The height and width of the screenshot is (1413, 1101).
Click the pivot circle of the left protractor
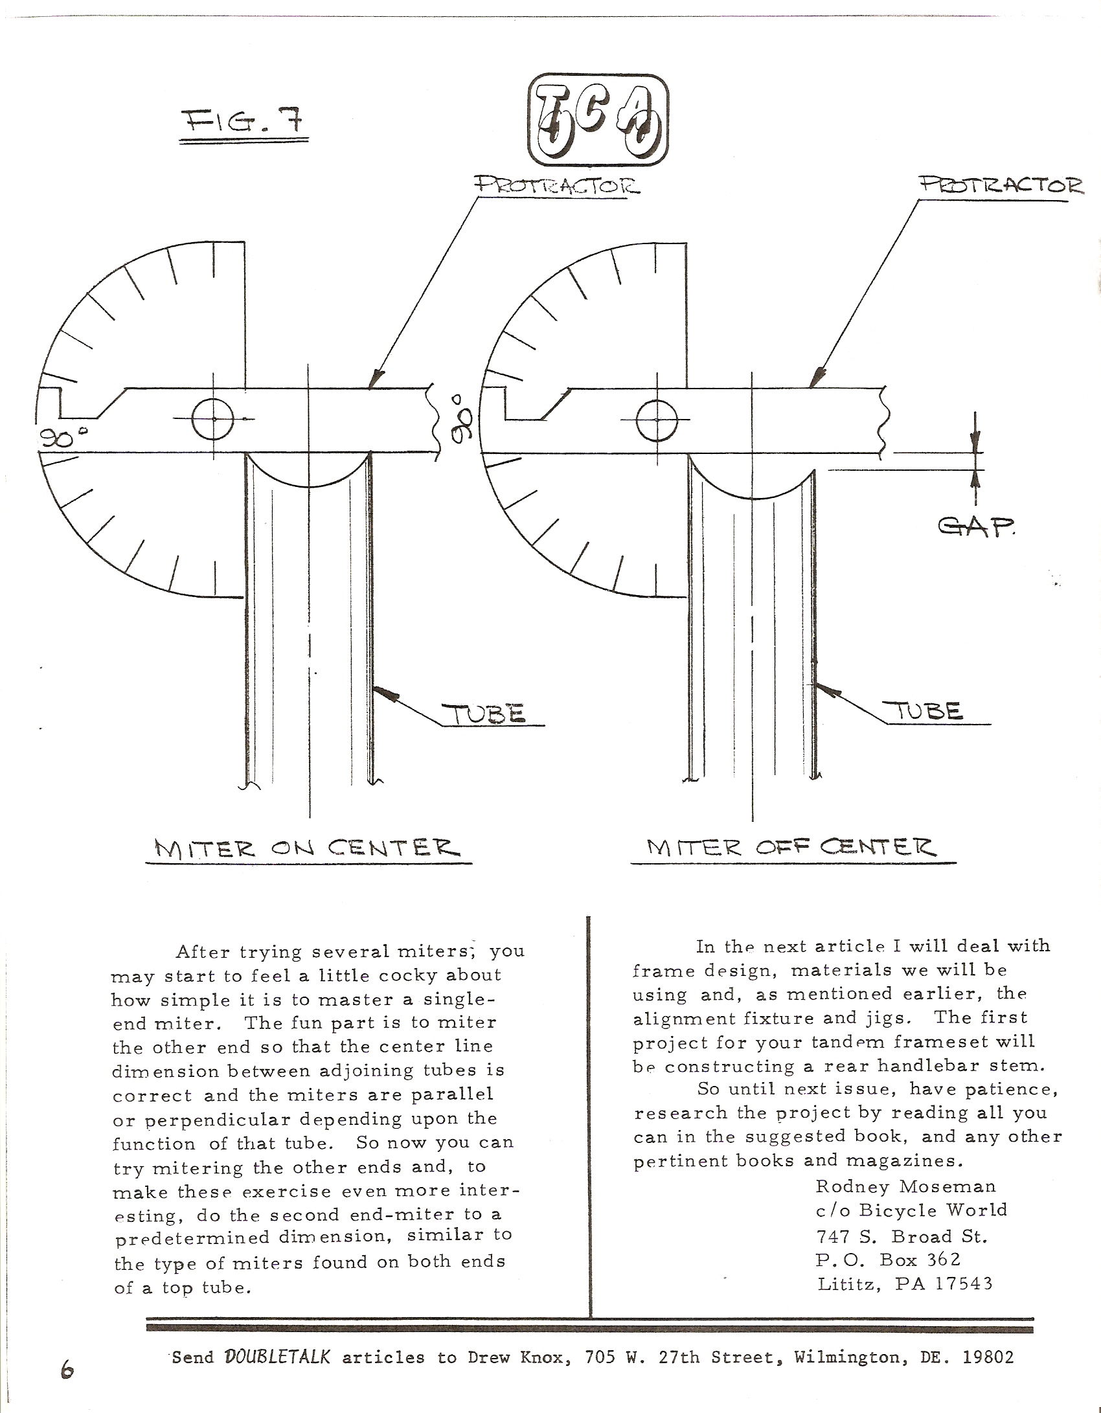[x=214, y=419]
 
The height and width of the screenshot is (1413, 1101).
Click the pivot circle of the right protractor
[x=657, y=420]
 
